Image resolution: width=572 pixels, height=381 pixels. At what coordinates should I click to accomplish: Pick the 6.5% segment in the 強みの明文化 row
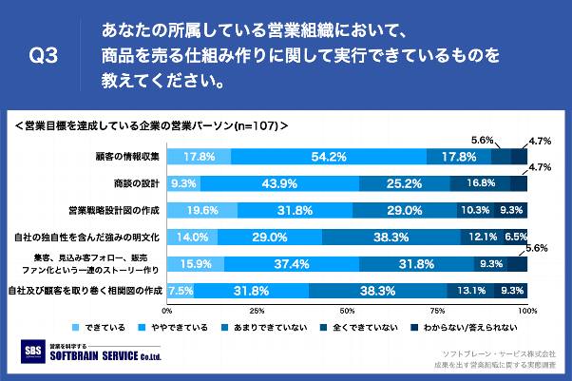pos(515,236)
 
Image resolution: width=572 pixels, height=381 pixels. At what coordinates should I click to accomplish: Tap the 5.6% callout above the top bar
pos(483,139)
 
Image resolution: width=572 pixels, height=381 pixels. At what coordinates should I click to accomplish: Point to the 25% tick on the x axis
pos(257,310)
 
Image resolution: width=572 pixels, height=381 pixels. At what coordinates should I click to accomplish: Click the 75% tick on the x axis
pos(437,310)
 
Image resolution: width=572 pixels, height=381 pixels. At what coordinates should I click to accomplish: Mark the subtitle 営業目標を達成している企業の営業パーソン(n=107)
pos(152,124)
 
